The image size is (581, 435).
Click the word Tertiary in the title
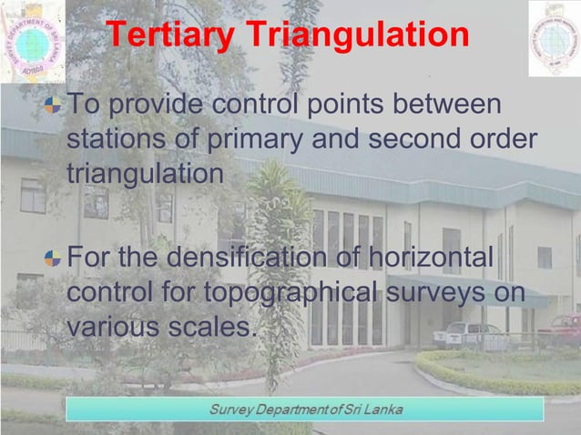[x=160, y=35]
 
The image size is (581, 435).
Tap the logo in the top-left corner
[x=33, y=40]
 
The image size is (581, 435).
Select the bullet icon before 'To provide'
[x=56, y=106]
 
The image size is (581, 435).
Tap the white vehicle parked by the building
[x=465, y=334]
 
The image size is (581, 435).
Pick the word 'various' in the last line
[x=111, y=326]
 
